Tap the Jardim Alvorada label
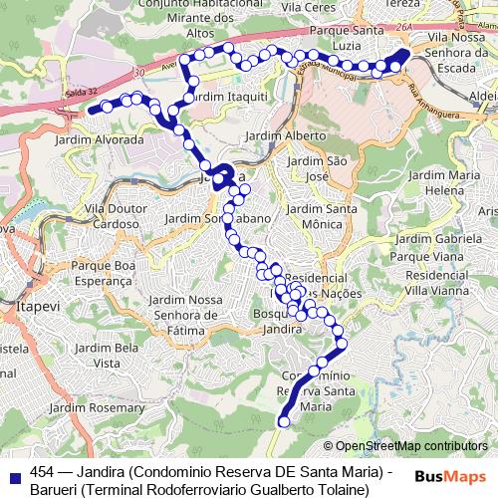pos(105,140)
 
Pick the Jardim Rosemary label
pos(103,407)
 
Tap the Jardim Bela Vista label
pos(110,354)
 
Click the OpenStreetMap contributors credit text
pos(411,445)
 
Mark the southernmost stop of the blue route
pos(283,421)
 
